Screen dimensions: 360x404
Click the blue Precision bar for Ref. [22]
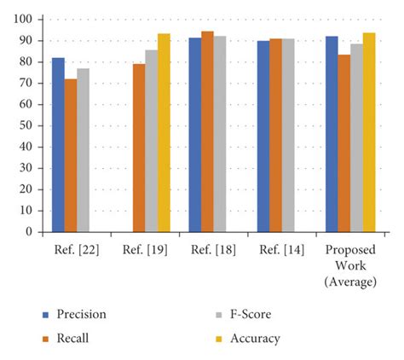coord(58,145)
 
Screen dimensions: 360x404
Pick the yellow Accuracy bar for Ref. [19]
coord(164,133)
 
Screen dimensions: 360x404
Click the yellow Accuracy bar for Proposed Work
coord(369,132)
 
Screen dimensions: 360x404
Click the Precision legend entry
coord(81,314)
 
